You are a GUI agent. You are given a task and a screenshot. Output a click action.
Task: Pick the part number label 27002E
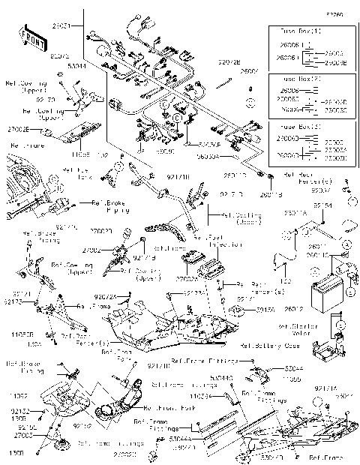point(19,129)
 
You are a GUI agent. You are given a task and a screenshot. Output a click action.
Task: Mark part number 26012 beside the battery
point(294,308)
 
